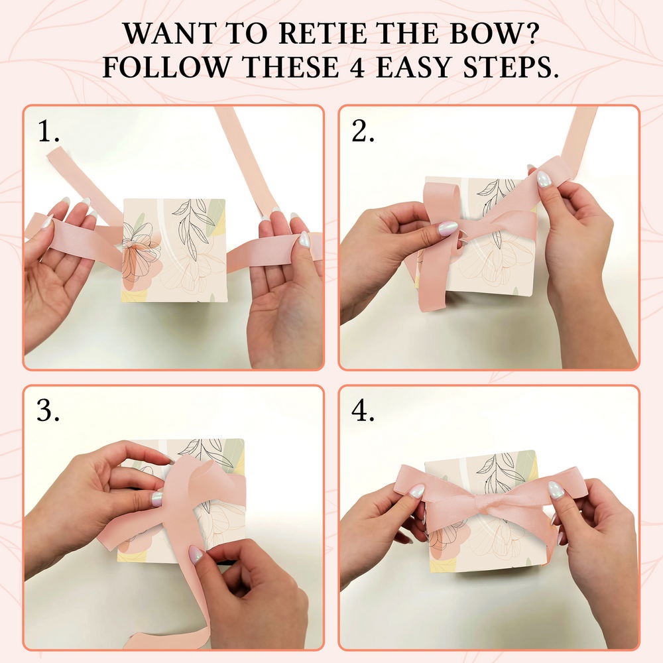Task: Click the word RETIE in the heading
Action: click(323, 33)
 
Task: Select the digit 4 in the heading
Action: click(358, 67)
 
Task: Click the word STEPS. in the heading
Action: click(511, 67)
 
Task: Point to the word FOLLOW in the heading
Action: click(167, 67)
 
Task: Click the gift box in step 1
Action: click(174, 251)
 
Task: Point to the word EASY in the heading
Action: click(414, 67)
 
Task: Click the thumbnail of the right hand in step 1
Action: click(304, 239)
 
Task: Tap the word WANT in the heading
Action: click(169, 33)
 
